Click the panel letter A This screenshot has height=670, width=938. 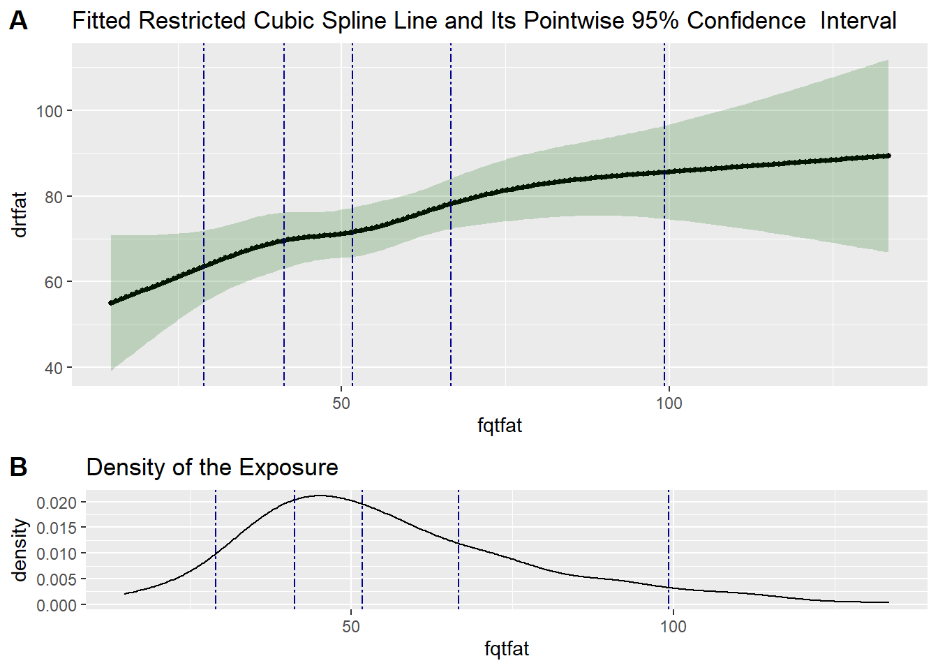coord(18,21)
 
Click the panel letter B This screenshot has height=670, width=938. coord(18,467)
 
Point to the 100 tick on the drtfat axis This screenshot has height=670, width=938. coord(50,111)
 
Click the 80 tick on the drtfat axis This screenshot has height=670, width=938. coord(54,197)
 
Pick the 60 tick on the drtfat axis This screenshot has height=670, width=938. coord(54,282)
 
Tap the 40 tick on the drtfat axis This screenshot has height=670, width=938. coord(54,368)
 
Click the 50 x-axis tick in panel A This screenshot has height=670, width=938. coord(341,403)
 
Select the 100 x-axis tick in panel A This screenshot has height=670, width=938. coord(669,403)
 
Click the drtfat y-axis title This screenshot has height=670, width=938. coord(20,214)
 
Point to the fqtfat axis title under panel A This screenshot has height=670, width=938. coord(500,426)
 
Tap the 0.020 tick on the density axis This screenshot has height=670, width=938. coord(57,502)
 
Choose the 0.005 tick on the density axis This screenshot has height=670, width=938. coord(57,579)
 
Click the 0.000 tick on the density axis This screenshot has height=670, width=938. coord(57,605)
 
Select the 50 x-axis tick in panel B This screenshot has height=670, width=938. coord(351,626)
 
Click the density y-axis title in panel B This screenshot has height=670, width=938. coord(20,550)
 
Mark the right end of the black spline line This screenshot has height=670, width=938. coord(888,156)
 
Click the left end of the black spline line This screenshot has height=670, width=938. coord(111,303)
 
